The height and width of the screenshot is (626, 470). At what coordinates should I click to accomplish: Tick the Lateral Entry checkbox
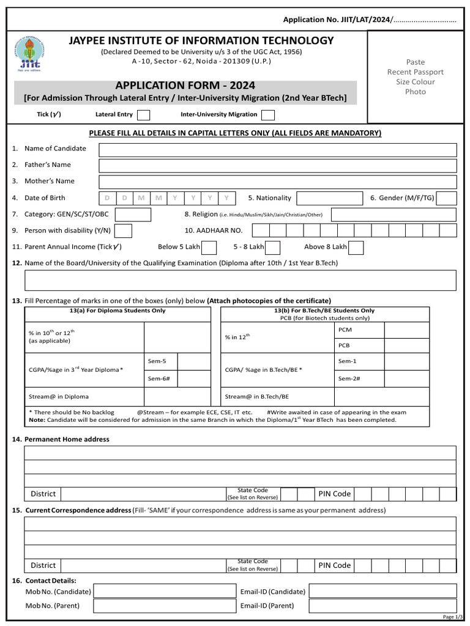pyautogui.click(x=143, y=115)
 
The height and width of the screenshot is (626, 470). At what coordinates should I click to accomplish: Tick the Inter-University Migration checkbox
pyautogui.click(x=267, y=115)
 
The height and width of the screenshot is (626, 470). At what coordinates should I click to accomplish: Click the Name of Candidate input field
pyautogui.click(x=277, y=150)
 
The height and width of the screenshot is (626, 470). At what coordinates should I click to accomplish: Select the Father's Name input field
pyautogui.click(x=277, y=166)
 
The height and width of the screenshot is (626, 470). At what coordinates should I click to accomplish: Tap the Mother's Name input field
pyautogui.click(x=277, y=182)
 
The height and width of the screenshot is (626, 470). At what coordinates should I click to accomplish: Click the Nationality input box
pyautogui.click(x=329, y=198)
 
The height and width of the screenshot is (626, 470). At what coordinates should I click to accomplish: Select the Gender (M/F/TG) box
pyautogui.click(x=447, y=198)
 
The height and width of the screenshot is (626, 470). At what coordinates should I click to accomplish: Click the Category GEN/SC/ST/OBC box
pyautogui.click(x=133, y=215)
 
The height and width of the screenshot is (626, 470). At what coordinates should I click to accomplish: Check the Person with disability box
pyautogui.click(x=123, y=230)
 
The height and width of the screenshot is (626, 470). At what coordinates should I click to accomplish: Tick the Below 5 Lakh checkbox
pyautogui.click(x=209, y=247)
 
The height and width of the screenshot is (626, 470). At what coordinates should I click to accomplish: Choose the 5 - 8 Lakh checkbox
pyautogui.click(x=272, y=247)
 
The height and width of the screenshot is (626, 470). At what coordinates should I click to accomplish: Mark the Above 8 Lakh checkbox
pyautogui.click(x=356, y=247)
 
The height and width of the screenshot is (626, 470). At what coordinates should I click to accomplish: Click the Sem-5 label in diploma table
pyautogui.click(x=157, y=361)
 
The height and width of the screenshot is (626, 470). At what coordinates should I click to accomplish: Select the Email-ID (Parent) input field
pyautogui.click(x=382, y=606)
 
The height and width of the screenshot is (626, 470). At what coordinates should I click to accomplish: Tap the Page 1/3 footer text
pyautogui.click(x=452, y=617)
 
